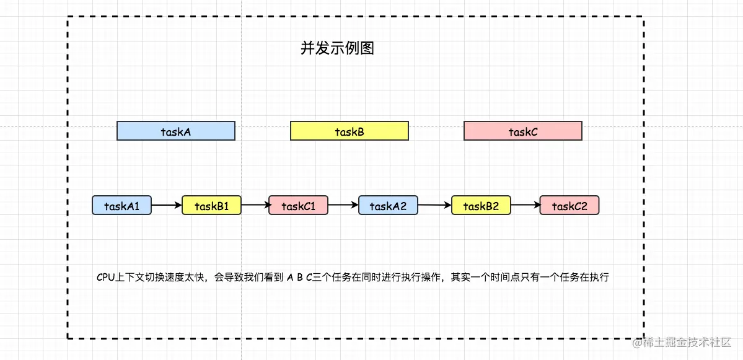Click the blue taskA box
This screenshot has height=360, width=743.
click(176, 131)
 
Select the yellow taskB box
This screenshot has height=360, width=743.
click(350, 131)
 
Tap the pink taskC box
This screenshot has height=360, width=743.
click(523, 131)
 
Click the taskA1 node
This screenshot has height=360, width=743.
click(122, 206)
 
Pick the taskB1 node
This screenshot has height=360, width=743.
click(211, 206)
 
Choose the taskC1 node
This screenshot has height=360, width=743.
click(298, 206)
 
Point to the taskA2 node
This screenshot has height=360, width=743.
click(388, 206)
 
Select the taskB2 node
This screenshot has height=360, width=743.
click(481, 206)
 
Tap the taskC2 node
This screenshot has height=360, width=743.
click(569, 206)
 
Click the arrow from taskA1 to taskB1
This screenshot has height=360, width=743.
click(167, 205)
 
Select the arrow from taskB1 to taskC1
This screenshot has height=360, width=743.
click(255, 205)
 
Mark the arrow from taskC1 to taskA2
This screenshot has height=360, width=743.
click(343, 205)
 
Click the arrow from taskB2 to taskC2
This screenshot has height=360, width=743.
click(525, 205)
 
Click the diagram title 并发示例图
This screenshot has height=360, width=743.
click(337, 49)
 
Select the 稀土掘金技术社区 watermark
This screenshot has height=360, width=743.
click(682, 342)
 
